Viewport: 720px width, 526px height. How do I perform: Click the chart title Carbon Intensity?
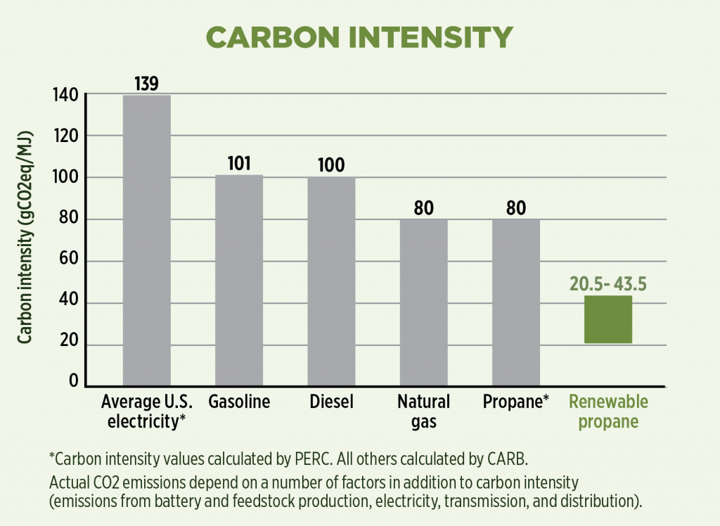pyautogui.click(x=360, y=37)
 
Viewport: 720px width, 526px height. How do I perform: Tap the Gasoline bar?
pyautogui.click(x=239, y=281)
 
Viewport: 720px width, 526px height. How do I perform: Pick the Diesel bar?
pyautogui.click(x=331, y=281)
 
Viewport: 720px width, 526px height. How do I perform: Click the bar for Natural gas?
pyautogui.click(x=423, y=302)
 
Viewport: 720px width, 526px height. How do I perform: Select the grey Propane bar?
pyautogui.click(x=516, y=302)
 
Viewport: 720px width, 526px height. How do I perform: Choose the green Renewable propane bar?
pyautogui.click(x=608, y=319)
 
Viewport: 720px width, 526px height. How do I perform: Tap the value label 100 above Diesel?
pyautogui.click(x=331, y=165)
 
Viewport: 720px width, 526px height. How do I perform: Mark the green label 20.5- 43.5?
pyautogui.click(x=608, y=284)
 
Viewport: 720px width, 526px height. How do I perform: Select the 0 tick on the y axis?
pyautogui.click(x=72, y=382)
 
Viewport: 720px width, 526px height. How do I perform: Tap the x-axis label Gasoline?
pyautogui.click(x=239, y=402)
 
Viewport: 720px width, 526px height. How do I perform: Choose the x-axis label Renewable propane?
pyautogui.click(x=608, y=411)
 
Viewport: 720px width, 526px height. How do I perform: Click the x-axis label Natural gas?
pyautogui.click(x=423, y=411)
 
